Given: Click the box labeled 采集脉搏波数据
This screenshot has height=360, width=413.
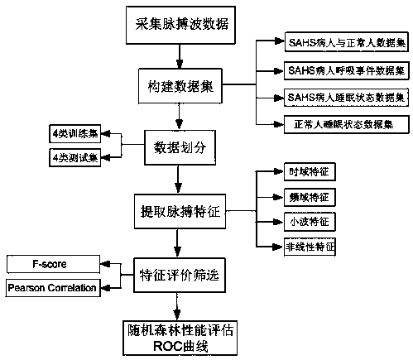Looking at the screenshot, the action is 180,25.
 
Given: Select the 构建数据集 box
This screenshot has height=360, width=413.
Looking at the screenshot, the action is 180,86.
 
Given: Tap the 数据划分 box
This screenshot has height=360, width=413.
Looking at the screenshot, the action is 180,147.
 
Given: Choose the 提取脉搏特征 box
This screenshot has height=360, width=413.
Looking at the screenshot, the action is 180,211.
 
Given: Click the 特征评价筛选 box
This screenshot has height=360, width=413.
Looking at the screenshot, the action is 180,275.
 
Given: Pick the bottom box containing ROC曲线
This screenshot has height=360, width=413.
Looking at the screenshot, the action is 180,338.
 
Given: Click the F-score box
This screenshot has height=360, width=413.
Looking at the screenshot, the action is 53,264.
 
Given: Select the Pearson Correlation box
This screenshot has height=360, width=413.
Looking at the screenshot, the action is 53,288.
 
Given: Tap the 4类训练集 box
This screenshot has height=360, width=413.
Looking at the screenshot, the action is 75,134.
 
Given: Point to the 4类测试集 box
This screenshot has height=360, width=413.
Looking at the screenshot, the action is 75,158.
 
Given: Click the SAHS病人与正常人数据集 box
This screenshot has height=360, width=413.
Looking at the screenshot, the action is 347,42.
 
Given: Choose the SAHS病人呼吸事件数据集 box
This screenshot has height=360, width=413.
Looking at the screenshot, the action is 347,70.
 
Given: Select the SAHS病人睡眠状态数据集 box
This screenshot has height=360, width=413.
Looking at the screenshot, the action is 347,98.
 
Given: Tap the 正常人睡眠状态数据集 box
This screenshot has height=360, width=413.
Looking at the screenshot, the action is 347,124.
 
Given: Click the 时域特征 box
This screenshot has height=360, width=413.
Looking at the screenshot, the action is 310,172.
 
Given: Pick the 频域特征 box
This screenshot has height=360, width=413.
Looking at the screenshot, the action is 310,197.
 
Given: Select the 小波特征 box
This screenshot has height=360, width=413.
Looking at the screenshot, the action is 310,222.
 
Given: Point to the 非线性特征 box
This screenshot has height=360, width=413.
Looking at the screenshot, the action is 310,247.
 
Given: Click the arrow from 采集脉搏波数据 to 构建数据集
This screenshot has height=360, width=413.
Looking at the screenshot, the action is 180,56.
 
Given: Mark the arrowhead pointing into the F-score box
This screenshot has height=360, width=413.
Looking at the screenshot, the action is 105,264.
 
